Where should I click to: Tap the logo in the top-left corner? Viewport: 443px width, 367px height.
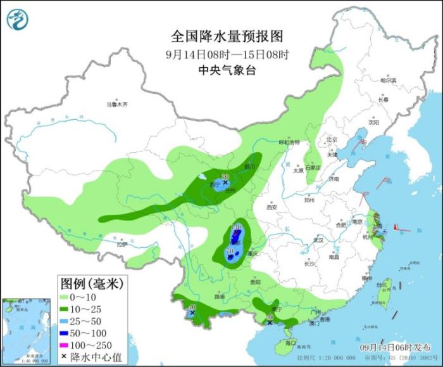coord(18,20)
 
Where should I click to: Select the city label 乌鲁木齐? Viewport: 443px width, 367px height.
coord(117,104)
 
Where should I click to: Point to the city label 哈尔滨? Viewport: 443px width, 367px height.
coord(388,80)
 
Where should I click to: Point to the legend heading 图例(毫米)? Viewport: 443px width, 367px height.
coord(91,281)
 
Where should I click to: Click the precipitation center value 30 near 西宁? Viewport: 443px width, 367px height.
coord(225,177)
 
